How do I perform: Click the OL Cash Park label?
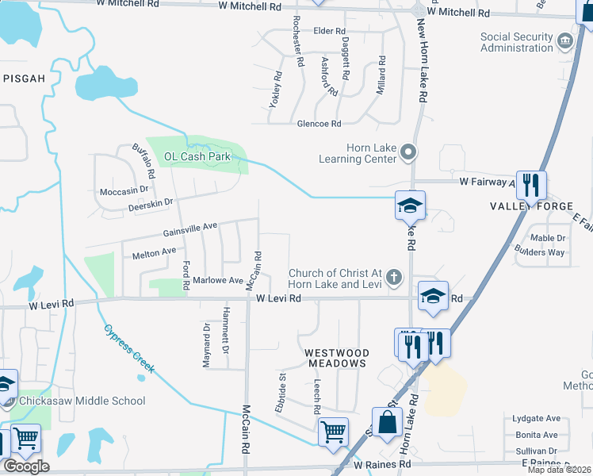(x=197, y=156)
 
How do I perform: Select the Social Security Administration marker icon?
(x=564, y=40)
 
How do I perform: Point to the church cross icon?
(x=394, y=278)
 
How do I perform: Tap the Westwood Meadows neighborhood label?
(x=336, y=358)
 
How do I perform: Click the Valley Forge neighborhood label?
(x=531, y=206)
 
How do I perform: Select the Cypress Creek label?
(x=128, y=349)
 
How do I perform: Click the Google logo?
(x=26, y=466)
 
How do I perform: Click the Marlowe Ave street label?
(x=218, y=280)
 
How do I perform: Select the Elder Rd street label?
(x=326, y=31)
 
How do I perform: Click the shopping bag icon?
(x=388, y=424)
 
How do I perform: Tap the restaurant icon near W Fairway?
(x=530, y=186)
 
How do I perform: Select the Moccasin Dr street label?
(x=124, y=191)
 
